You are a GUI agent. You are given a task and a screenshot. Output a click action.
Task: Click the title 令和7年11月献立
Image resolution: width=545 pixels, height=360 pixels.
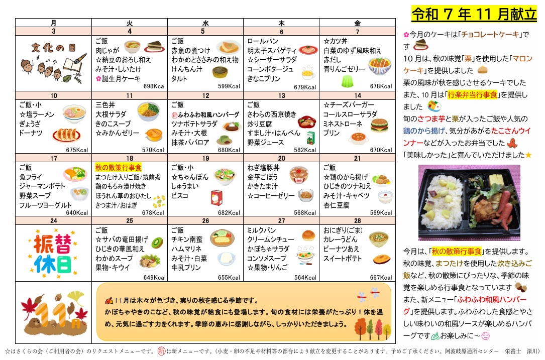pos(474,14)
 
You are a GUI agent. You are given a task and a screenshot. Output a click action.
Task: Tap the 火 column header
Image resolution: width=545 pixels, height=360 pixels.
pos(130,23)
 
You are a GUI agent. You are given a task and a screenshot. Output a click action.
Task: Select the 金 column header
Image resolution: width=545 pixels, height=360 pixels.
pos(357,23)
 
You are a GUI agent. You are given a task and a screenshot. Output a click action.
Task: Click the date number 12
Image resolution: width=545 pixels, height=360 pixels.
pos(205,95)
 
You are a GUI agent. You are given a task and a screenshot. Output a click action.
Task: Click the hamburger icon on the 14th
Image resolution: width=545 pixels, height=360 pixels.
pos(379,125)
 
